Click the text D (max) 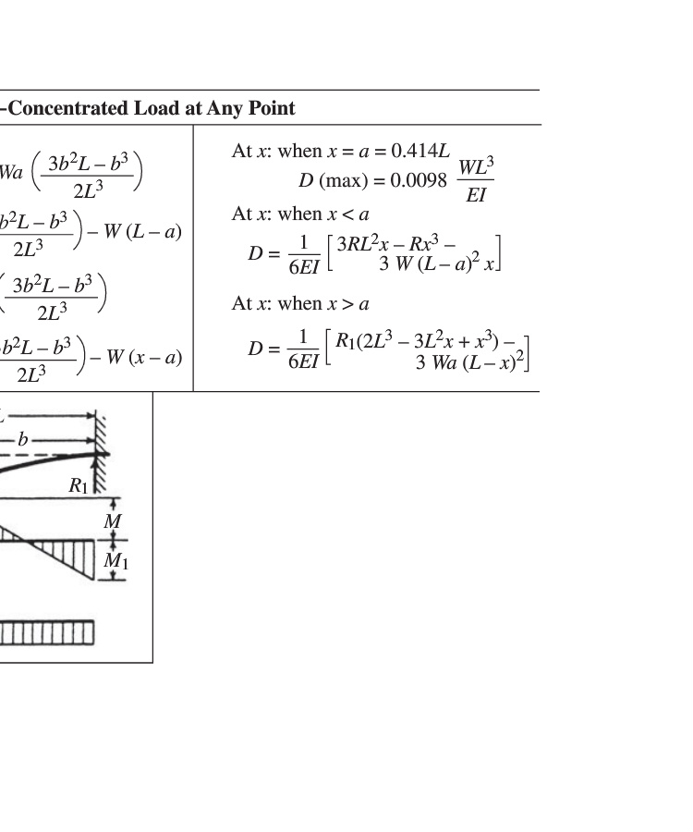[x=337, y=179]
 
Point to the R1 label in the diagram [x=79, y=484]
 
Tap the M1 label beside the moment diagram [x=114, y=560]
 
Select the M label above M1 [x=113, y=522]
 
